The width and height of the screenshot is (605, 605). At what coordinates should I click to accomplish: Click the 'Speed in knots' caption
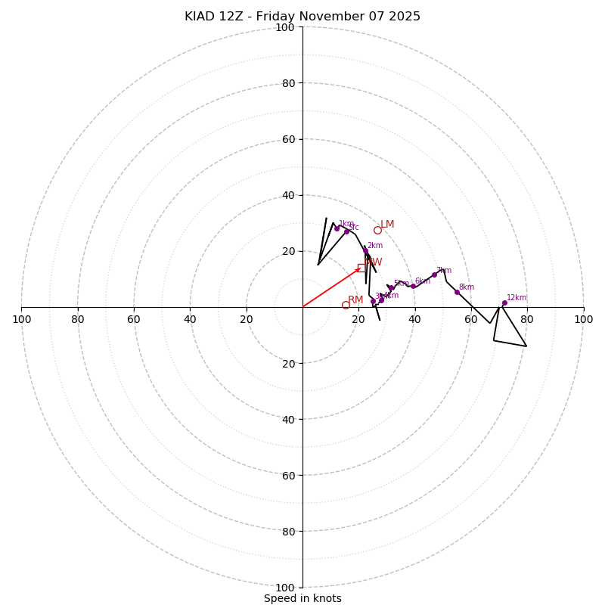[302, 598]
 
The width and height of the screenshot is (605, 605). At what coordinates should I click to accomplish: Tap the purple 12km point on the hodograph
[504, 303]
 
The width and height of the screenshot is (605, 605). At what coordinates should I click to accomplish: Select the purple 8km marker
[457, 292]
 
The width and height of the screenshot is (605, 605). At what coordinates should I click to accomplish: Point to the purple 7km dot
[434, 275]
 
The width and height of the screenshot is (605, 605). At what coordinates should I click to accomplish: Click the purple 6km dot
[413, 286]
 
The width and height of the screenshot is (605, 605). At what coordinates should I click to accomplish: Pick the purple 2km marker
[365, 250]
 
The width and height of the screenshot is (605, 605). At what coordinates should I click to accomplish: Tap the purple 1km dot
[337, 228]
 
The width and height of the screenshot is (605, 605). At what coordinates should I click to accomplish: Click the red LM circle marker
[377, 230]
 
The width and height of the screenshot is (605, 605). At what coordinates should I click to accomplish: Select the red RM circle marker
[346, 305]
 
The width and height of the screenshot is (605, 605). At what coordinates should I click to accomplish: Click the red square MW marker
[361, 268]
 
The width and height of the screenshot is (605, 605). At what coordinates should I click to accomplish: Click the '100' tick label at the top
[285, 27]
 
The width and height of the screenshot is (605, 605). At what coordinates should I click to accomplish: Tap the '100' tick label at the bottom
[285, 588]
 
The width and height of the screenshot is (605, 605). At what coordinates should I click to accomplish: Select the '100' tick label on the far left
[22, 319]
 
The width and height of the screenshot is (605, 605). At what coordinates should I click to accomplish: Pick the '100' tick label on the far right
[583, 319]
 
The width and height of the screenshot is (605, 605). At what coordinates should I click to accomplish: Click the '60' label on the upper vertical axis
[288, 139]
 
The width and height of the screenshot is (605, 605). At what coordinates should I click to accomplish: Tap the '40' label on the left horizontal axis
[191, 319]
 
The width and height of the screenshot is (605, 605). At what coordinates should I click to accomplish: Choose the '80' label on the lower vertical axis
[288, 532]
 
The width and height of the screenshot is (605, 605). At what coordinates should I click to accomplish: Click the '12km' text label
[517, 298]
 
